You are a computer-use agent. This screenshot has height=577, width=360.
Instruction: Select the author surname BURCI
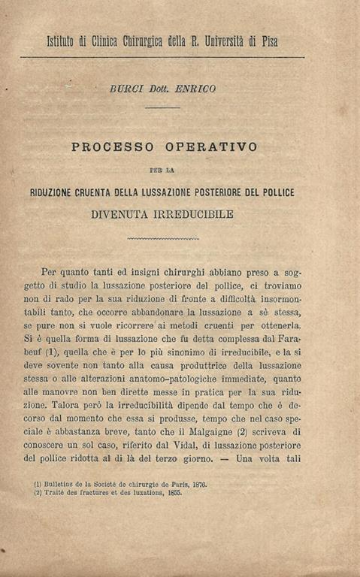126,89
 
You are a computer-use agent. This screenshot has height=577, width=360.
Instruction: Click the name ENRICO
197,89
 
